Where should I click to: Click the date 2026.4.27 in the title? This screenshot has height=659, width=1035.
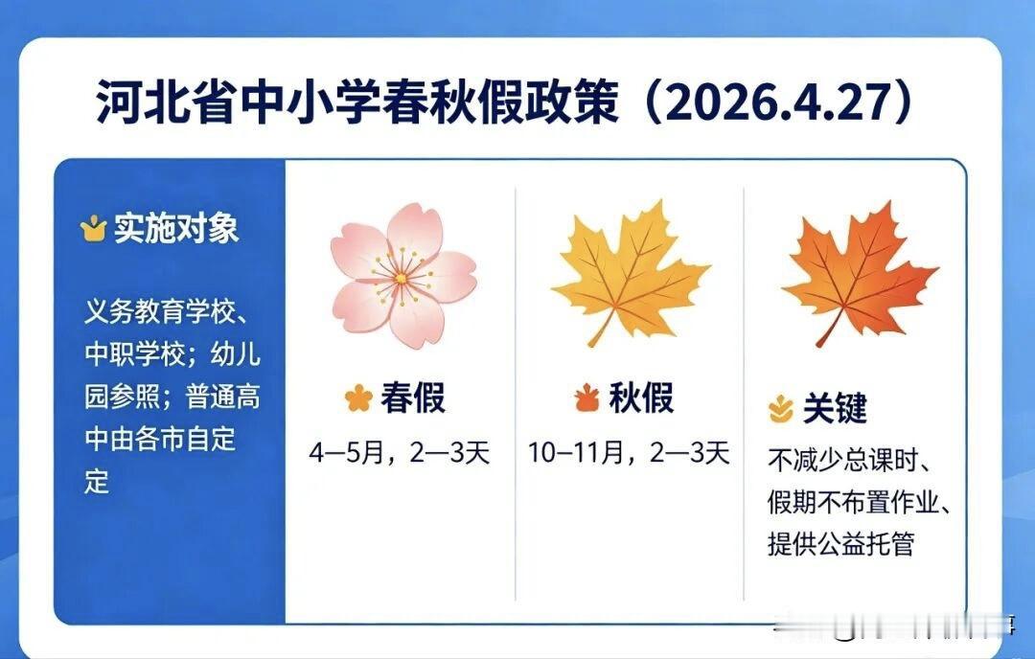tap(779, 103)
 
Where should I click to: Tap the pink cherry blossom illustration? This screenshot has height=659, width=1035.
tap(403, 275)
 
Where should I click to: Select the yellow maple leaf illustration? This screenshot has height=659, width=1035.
tap(631, 273)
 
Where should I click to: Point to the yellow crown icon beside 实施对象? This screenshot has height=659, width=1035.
tap(93, 229)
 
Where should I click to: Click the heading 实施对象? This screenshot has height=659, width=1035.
tap(176, 229)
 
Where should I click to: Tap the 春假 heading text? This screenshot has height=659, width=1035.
tap(413, 398)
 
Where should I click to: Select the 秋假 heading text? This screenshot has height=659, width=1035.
tap(641, 398)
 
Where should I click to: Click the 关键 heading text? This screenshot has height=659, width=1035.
tap(835, 408)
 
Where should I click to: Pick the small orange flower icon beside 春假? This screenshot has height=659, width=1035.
tap(358, 398)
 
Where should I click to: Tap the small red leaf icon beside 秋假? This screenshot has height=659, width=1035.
tap(586, 398)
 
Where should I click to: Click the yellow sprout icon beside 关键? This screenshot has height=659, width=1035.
tap(782, 409)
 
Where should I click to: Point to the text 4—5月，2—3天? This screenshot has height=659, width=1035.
tap(400, 453)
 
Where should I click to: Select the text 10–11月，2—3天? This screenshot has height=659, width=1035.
tap(629, 453)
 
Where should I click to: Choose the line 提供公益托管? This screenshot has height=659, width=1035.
tap(841, 544)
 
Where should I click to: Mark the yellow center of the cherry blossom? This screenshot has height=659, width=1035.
tap(402, 279)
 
